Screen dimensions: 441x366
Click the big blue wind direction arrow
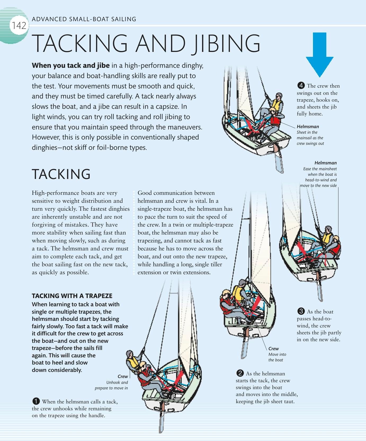[x=319, y=55]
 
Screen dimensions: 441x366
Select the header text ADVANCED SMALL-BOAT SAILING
[x=84, y=19]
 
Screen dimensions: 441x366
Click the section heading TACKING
[x=61, y=174]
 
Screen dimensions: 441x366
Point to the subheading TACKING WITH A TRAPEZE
[x=72, y=296]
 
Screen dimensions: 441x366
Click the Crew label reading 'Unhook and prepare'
[x=123, y=376]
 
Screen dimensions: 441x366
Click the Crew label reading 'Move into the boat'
[x=274, y=349]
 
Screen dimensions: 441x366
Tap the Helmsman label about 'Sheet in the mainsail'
[x=308, y=127]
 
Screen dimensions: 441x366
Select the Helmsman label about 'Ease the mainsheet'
[x=325, y=163]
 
